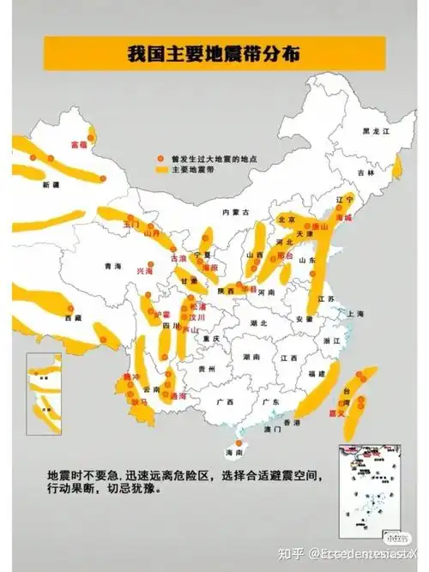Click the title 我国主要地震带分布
pos(214,53)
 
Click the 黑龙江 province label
pos(375,130)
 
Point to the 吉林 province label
pos(367,172)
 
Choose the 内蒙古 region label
pos(233,211)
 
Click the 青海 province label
pos(109,266)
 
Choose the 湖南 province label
pos(250,356)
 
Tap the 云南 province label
pos(151,388)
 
